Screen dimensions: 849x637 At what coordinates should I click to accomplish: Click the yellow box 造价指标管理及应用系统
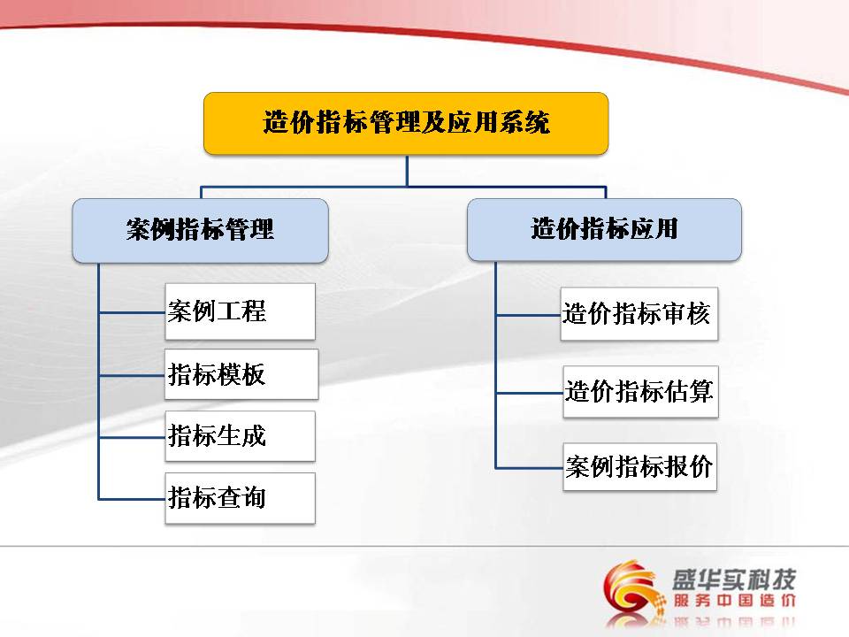click(x=406, y=124)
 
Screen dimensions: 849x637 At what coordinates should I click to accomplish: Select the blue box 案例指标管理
click(x=201, y=231)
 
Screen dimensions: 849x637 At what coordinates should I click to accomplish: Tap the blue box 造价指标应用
click(x=604, y=230)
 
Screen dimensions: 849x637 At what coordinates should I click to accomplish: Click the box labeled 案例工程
click(x=240, y=312)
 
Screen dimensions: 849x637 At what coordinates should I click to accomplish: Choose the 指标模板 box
click(x=241, y=374)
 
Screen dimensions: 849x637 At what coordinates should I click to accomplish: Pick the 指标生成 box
click(x=240, y=436)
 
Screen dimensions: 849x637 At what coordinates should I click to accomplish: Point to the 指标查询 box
click(x=240, y=498)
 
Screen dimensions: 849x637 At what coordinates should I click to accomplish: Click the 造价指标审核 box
click(x=639, y=314)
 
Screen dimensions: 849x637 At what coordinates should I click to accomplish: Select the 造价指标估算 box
click(x=640, y=392)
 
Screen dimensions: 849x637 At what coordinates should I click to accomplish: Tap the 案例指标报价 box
click(x=640, y=467)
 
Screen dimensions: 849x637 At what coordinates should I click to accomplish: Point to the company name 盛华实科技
click(x=734, y=579)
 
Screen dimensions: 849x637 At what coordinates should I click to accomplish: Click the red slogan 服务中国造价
click(x=734, y=600)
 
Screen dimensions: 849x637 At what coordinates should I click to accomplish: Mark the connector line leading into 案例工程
click(x=132, y=312)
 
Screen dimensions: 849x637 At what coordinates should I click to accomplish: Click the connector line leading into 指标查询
click(x=132, y=498)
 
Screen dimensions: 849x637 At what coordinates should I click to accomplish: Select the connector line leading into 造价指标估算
click(x=530, y=393)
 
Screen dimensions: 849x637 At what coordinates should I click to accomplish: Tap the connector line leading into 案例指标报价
click(x=530, y=467)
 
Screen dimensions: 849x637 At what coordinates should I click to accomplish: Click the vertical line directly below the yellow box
click(x=407, y=171)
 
